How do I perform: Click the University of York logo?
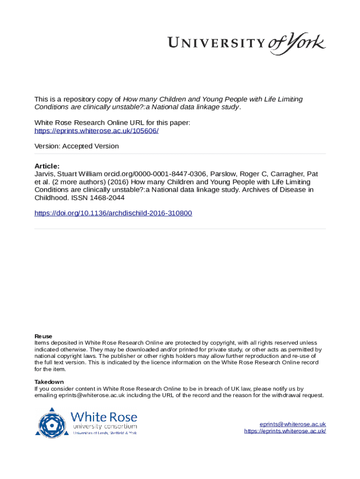247,44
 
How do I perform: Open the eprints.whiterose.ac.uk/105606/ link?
97,131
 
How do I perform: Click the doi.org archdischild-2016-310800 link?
113,213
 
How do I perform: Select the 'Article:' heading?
47,166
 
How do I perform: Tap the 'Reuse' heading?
43,336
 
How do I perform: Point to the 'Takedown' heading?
49,382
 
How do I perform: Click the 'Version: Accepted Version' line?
77,146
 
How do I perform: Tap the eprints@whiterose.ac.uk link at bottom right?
293,424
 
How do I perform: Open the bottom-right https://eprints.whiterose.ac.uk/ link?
285,431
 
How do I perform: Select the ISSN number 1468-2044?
104,197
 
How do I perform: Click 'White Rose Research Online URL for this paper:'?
112,123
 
